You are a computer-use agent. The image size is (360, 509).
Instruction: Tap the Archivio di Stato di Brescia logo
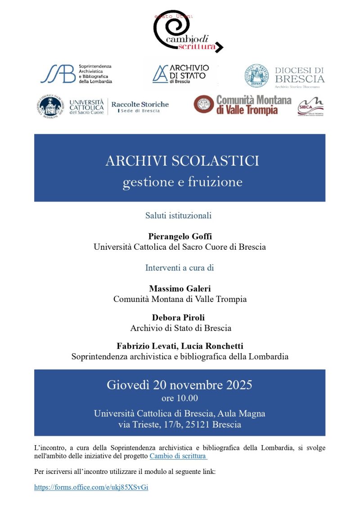(x=180, y=73)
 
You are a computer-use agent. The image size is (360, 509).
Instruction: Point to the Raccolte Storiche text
(x=140, y=104)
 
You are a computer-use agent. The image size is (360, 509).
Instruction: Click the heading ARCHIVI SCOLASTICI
(x=182, y=161)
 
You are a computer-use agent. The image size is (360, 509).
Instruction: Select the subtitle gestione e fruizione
(x=182, y=182)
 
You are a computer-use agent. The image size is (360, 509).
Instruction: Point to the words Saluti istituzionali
(x=178, y=216)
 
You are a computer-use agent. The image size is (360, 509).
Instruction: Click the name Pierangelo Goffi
(x=180, y=236)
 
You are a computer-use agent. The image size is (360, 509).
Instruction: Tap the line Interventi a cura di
(x=179, y=268)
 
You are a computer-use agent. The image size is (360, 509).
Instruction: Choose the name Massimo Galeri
(x=180, y=288)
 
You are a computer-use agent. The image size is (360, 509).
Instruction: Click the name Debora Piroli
(x=180, y=318)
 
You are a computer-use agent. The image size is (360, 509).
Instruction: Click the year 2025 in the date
(x=235, y=385)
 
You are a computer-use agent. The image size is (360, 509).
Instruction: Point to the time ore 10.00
(x=180, y=398)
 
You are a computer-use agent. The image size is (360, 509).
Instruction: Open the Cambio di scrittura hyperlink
(x=178, y=456)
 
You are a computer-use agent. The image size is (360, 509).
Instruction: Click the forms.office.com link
(x=91, y=487)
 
